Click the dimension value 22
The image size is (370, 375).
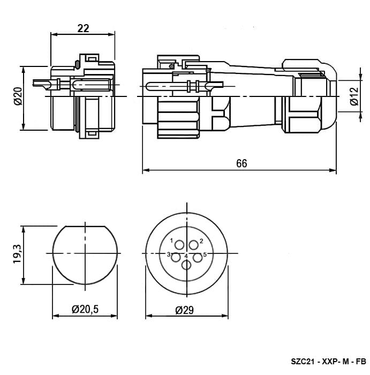(83, 28)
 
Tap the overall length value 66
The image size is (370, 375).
(241, 163)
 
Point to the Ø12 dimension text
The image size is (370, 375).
(354, 96)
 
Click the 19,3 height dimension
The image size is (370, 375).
(18, 254)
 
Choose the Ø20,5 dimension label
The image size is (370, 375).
(85, 309)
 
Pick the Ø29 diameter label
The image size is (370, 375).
(185, 310)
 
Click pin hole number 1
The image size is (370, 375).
(179, 245)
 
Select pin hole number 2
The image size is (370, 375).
(194, 245)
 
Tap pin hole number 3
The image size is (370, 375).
(176, 258)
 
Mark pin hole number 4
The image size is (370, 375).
(186, 265)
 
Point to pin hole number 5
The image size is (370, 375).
(198, 258)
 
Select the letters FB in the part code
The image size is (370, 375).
(361, 362)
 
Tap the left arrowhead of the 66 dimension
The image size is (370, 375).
(146, 170)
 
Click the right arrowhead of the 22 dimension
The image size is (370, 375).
(111, 34)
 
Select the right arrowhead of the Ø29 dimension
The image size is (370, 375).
(225, 316)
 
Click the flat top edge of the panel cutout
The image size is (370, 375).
(85, 226)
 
